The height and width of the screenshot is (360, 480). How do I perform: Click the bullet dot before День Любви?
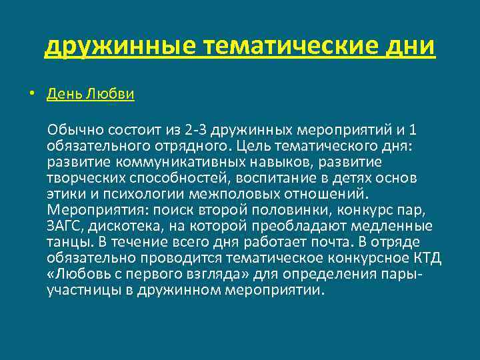[31, 93]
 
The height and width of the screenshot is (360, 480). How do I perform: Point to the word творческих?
[79, 178]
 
